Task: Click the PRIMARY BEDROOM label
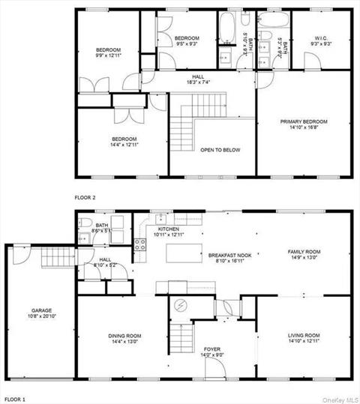point(304,121)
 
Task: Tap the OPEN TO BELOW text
point(220,150)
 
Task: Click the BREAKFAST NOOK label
point(228,256)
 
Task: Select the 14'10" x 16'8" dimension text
point(304,127)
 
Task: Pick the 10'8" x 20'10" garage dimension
point(41,316)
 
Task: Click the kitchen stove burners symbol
point(139,243)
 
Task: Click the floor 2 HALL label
point(198,76)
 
